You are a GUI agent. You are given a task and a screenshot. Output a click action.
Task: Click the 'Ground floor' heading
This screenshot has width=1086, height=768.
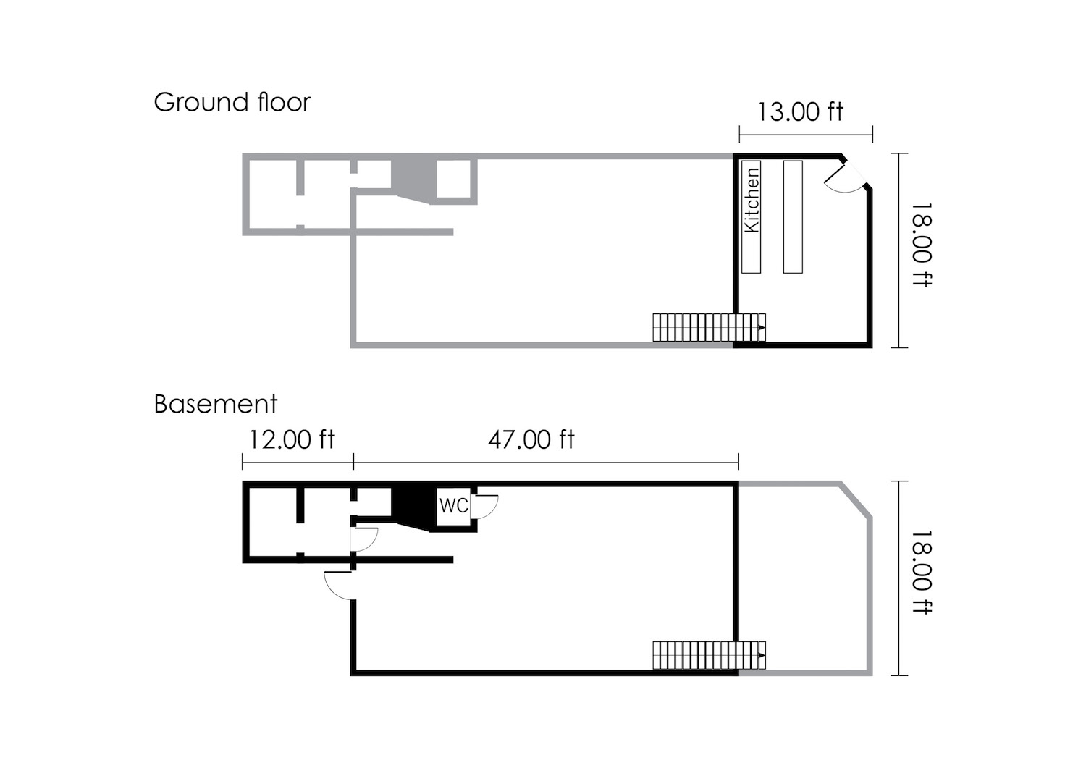pyautogui.click(x=232, y=103)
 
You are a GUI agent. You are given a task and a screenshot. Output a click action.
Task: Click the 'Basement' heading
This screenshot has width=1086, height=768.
pyautogui.click(x=216, y=404)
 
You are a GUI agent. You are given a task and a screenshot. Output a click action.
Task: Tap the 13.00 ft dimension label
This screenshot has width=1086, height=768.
pyautogui.click(x=800, y=112)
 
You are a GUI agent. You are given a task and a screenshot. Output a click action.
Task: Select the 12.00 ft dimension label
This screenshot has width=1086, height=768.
pyautogui.click(x=292, y=439)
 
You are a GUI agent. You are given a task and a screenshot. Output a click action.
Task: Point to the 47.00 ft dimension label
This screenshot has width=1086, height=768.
pyautogui.click(x=531, y=439)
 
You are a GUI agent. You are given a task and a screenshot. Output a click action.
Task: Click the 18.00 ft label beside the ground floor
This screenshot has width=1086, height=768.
pyautogui.click(x=921, y=245)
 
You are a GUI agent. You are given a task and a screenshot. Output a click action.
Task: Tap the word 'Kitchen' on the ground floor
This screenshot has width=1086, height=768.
pyautogui.click(x=752, y=201)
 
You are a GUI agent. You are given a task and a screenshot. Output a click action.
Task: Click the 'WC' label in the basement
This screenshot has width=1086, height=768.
pyautogui.click(x=453, y=505)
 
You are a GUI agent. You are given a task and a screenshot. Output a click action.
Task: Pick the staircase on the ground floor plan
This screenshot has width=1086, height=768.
pyautogui.click(x=708, y=327)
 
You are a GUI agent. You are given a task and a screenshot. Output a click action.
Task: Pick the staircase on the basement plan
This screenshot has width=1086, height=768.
pyautogui.click(x=708, y=655)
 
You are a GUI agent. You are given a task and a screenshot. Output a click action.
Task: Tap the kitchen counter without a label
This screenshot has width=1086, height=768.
pyautogui.click(x=793, y=217)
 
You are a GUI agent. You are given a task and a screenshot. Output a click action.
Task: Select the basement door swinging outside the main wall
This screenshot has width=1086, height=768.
pyautogui.click(x=339, y=585)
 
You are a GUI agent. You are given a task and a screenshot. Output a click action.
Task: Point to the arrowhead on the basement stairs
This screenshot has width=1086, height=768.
pyautogui.click(x=762, y=656)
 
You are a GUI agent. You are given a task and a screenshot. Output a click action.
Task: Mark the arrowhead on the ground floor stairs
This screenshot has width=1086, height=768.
pyautogui.click(x=762, y=328)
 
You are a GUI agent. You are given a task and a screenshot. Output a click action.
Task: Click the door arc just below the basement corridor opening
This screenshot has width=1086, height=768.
pyautogui.click(x=365, y=540)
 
